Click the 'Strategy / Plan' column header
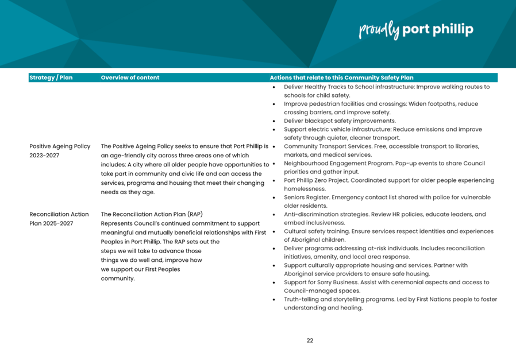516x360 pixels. coord(51,78)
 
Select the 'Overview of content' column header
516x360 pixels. coord(130,78)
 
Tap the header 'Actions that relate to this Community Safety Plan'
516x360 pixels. coord(341,78)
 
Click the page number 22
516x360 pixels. coord(310,340)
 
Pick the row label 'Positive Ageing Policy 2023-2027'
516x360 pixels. coord(60,150)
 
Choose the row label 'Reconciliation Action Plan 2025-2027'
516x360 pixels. coord(59,219)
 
